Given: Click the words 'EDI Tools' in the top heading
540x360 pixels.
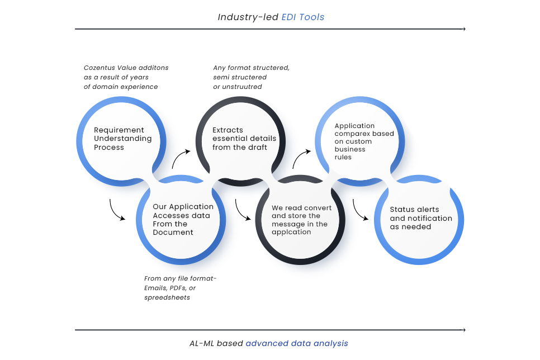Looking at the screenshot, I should [304, 17].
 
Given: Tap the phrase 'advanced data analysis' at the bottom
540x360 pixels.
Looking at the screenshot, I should [297, 343].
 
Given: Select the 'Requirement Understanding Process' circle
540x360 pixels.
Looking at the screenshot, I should [121, 140].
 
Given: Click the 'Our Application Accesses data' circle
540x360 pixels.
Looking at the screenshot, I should [181, 220].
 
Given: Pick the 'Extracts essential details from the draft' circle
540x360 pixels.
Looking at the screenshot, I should [241, 140].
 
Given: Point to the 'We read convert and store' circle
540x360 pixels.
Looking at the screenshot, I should [301, 220].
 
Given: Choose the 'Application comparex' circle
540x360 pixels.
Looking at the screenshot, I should [361, 140].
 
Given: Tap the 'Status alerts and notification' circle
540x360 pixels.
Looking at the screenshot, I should [419, 219].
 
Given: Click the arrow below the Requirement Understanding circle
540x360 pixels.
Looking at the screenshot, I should [116, 210].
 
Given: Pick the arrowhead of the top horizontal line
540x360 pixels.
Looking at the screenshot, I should [463, 29].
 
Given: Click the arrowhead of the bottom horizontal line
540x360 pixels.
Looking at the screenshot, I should [463, 330].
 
